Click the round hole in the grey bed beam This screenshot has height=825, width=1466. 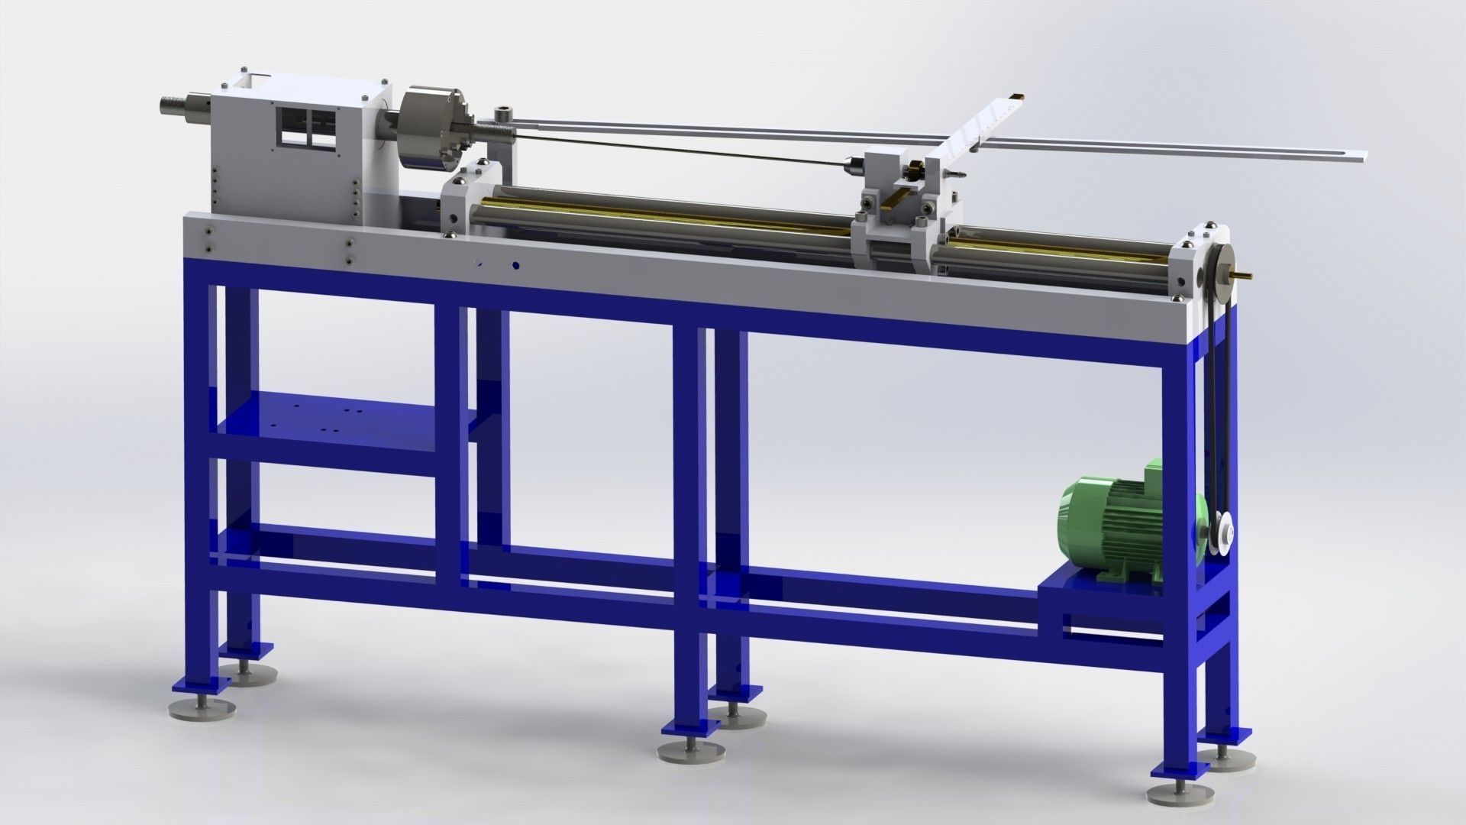pos(516,266)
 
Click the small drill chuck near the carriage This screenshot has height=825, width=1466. pos(849,163)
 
